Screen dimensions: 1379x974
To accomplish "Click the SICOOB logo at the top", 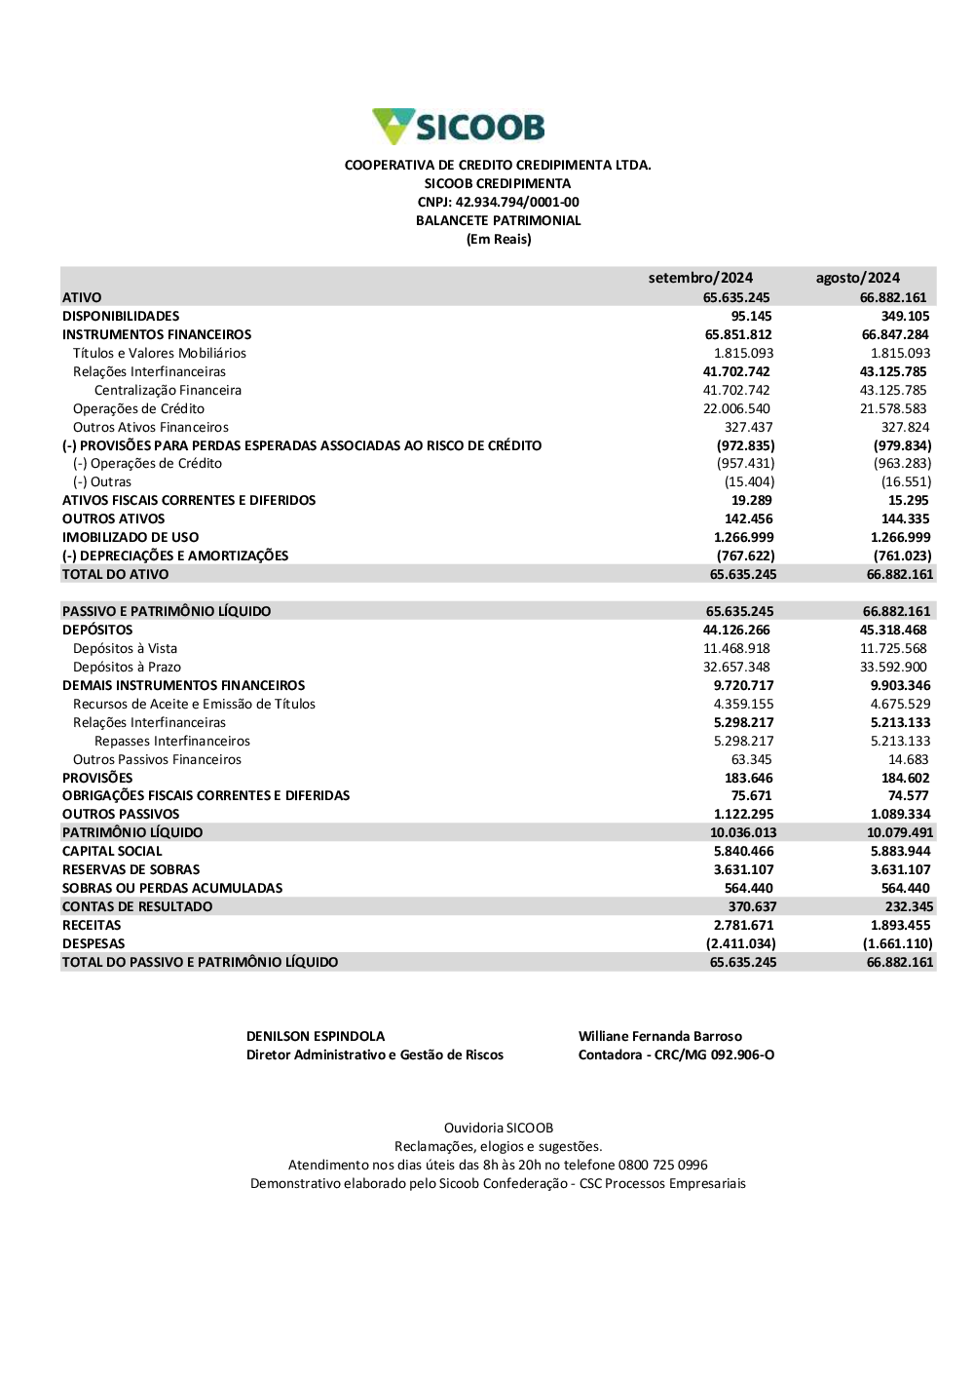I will point(459,127).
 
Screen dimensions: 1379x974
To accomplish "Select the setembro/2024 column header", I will point(700,278).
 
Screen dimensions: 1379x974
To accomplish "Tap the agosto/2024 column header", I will point(857,278).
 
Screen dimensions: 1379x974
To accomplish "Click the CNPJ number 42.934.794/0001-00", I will point(517,202).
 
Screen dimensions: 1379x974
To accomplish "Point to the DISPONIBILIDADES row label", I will point(121,316).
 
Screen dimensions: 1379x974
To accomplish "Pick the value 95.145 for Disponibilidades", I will point(751,316).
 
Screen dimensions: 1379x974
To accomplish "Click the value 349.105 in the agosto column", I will point(905,316).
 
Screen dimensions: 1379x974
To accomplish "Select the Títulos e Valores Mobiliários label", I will point(160,353).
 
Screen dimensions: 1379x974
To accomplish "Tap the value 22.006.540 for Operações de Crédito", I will point(736,408).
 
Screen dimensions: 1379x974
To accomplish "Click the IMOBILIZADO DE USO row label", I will point(131,537).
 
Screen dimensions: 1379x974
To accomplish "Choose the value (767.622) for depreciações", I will point(746,555).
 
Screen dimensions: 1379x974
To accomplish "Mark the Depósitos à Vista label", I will point(125,648).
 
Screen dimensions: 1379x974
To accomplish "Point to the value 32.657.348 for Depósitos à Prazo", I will point(736,667).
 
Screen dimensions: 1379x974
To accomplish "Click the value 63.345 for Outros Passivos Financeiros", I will point(751,759).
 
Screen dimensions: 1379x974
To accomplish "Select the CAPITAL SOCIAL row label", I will point(112,851).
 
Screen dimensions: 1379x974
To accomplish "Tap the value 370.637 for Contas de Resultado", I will point(752,906).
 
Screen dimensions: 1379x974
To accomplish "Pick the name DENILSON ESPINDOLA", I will point(316,1036).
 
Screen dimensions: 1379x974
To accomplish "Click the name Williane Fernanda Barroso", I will point(660,1036).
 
